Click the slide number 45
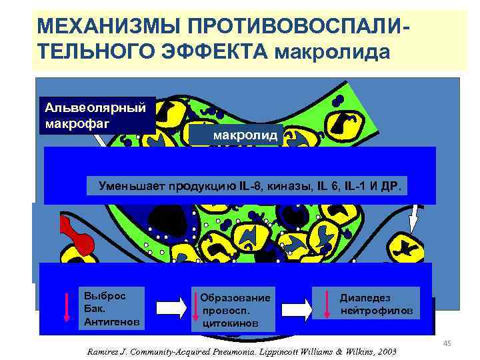[447, 343]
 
